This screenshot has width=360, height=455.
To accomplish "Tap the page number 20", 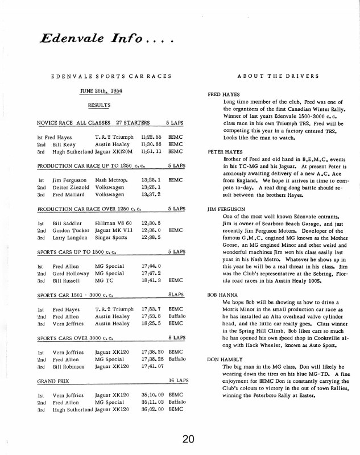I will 189,439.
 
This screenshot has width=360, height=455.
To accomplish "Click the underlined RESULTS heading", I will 99,105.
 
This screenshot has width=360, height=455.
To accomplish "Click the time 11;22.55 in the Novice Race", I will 151,137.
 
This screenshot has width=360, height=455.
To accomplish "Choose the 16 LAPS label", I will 178,380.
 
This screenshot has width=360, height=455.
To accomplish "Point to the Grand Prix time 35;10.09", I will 151,394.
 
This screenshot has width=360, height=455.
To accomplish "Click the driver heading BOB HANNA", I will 222,295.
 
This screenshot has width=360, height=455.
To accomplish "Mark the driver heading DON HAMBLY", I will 224,360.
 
